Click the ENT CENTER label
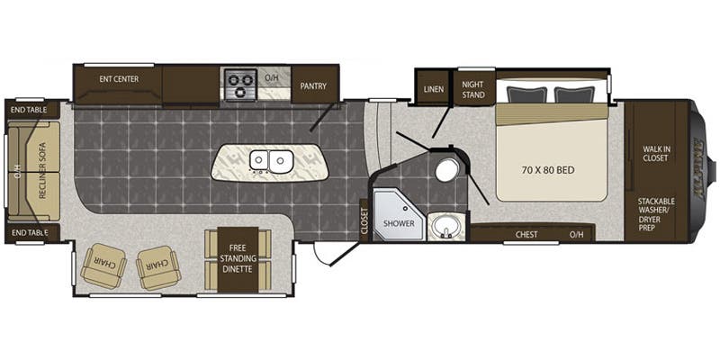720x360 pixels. point(119,79)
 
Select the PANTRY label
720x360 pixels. point(313,85)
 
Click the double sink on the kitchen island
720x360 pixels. point(271,161)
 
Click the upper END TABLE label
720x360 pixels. point(30,110)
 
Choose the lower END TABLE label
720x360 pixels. point(30,233)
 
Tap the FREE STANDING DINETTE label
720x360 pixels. point(238,259)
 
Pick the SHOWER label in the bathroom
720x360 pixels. point(399,223)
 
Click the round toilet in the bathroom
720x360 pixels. point(445,171)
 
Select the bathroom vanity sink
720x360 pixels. point(445,227)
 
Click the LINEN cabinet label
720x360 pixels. point(434,89)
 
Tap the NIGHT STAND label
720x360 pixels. point(473,89)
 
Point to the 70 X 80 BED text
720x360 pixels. point(548,170)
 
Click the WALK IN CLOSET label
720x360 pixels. point(655,153)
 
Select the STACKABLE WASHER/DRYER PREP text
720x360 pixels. point(656,214)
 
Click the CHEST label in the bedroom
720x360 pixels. point(526,235)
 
